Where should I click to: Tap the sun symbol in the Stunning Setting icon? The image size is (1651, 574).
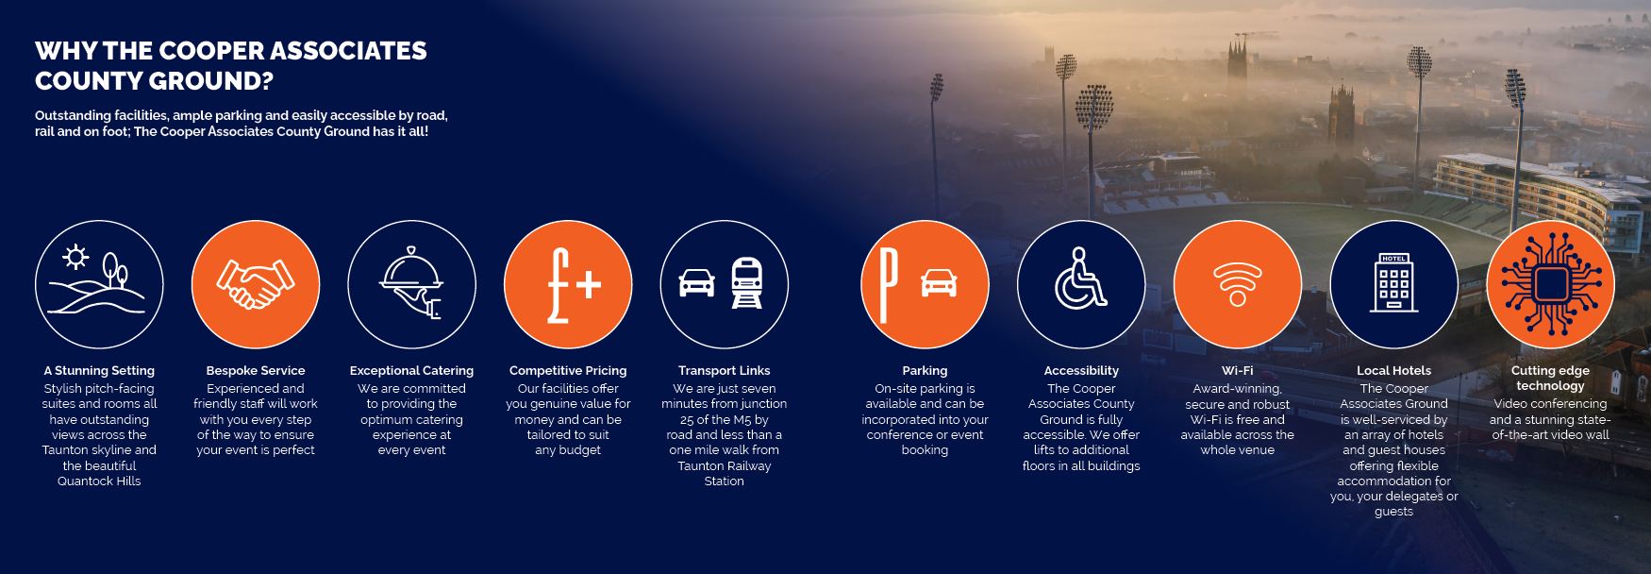75,257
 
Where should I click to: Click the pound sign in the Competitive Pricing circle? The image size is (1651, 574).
559,285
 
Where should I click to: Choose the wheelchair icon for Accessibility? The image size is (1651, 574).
1081,279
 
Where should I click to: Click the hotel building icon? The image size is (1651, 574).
1394,282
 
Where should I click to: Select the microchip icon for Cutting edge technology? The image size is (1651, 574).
1550,284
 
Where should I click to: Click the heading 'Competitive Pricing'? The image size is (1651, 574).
568,371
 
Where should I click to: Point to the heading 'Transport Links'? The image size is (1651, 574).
725,371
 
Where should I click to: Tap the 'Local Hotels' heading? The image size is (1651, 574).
1394,371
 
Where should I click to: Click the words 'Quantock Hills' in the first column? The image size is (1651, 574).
99,481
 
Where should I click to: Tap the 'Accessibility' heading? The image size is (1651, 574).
1081,371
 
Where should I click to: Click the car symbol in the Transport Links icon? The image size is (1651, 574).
697,282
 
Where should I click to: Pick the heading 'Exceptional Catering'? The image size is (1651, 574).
412,371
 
